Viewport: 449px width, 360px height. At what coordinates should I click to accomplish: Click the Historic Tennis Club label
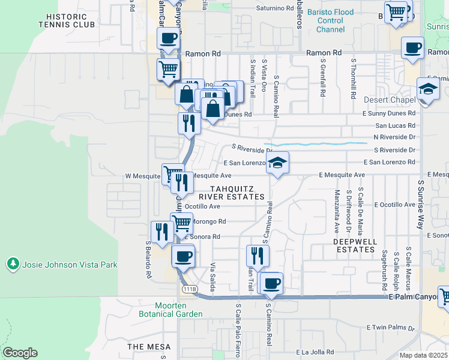pos(66,21)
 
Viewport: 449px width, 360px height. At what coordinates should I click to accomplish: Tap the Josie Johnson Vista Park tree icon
pos(12,264)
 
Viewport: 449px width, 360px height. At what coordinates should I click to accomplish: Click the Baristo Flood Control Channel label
pos(330,20)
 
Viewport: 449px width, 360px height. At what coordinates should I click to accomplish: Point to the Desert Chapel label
pos(389,100)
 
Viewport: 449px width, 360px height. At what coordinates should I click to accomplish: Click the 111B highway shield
pos(187,289)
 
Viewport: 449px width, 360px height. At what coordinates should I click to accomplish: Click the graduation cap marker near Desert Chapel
pos(429,89)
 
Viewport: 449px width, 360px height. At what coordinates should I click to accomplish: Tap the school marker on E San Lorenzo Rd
pos(277,163)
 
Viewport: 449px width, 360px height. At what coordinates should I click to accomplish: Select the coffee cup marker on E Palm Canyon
pos(271,283)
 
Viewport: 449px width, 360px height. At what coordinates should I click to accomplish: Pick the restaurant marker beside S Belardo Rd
pos(161,232)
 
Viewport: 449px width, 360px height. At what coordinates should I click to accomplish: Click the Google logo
pos(20,353)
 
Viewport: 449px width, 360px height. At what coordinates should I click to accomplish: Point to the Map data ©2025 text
pos(423,355)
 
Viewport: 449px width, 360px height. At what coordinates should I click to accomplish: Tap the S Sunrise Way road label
pos(421,204)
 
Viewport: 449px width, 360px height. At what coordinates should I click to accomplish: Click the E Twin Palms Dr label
pos(391,328)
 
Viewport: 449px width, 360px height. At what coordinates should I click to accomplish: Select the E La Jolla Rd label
pos(318,352)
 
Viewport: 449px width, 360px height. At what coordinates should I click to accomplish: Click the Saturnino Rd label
pos(275,9)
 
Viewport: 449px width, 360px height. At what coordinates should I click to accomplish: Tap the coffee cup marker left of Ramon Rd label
pos(168,40)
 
